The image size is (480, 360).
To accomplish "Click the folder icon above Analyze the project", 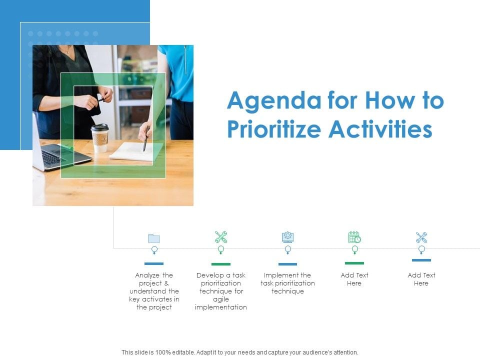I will tap(154, 238).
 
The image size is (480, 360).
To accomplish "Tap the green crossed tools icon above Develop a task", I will tap(221, 237).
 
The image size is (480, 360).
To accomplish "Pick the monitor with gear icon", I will tap(287, 237).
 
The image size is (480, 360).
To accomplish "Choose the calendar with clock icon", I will tap(354, 237).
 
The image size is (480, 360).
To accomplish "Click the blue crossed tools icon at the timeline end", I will tap(421, 237).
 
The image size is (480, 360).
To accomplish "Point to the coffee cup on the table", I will tap(100, 137).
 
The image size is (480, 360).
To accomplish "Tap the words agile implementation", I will tap(221, 303).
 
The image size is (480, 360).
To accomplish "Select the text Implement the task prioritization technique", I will tap(287, 283).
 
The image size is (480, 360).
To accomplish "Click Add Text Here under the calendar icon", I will tap(354, 279).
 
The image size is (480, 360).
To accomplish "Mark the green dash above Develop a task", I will tap(221, 264).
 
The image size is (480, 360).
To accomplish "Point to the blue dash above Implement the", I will tap(287, 264).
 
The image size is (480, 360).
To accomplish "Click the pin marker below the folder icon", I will tap(154, 249).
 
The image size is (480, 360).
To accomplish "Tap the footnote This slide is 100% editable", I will tap(240, 352).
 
